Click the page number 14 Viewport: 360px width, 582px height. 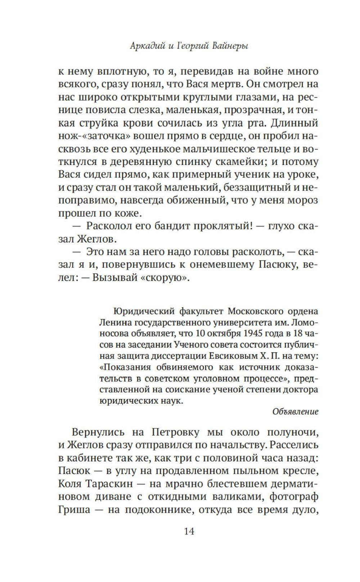coord(189,531)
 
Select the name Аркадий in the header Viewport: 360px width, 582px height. coord(144,46)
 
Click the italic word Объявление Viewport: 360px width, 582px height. coord(295,411)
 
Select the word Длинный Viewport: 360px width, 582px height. coord(294,123)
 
